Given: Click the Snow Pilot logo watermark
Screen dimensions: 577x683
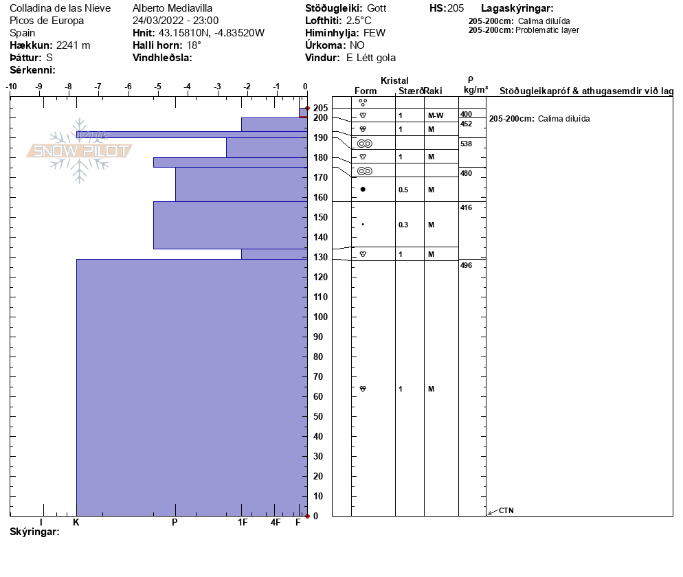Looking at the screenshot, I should pos(78,151).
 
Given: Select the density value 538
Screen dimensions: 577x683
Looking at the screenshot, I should pos(466,144).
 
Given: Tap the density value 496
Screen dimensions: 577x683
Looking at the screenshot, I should pos(466,265).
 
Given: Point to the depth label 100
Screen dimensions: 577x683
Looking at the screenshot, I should pos(320,317).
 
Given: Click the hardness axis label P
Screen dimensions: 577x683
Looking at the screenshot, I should pos(175,522).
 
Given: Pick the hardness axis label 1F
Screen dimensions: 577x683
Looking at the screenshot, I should pos(243,522).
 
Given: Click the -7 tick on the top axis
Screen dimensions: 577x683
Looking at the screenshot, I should pos(98,87).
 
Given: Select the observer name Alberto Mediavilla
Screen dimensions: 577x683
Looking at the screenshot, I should pos(172,8).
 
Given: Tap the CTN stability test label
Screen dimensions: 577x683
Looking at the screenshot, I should pos(506,510).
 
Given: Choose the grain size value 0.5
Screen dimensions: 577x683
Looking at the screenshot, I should pos(403,190).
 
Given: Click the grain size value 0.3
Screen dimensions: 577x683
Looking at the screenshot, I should pos(403,225).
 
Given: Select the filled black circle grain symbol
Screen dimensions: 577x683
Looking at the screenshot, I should pos(363,189).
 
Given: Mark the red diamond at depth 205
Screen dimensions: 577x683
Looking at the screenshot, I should pos(307,108).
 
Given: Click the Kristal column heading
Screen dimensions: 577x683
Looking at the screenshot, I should pos(394,81).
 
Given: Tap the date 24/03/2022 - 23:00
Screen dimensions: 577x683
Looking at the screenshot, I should pos(175,21).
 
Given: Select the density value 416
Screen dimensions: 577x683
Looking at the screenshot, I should pos(466,207).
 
